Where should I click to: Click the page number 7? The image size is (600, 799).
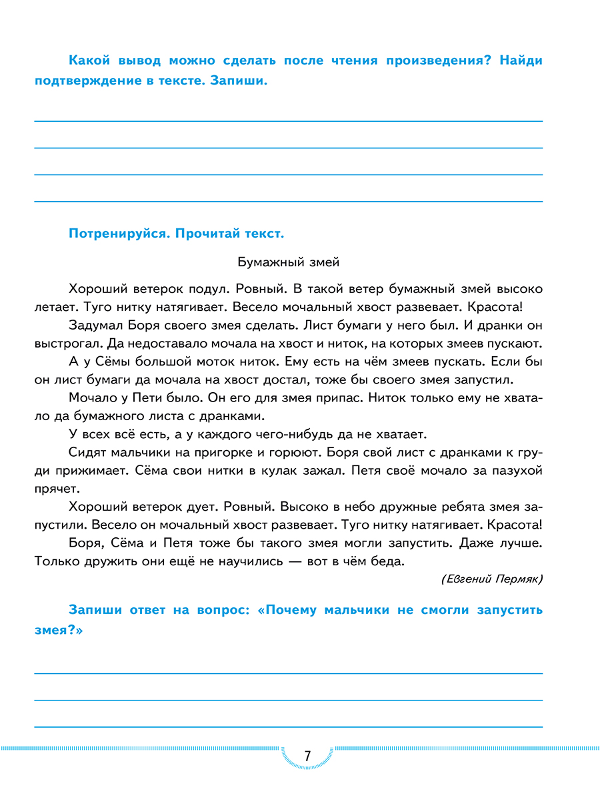coord(307,756)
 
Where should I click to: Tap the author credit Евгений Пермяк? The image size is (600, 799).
coord(491,579)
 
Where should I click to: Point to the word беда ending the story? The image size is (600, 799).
coord(387,561)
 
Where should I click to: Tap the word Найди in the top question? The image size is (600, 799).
coord(521,61)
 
